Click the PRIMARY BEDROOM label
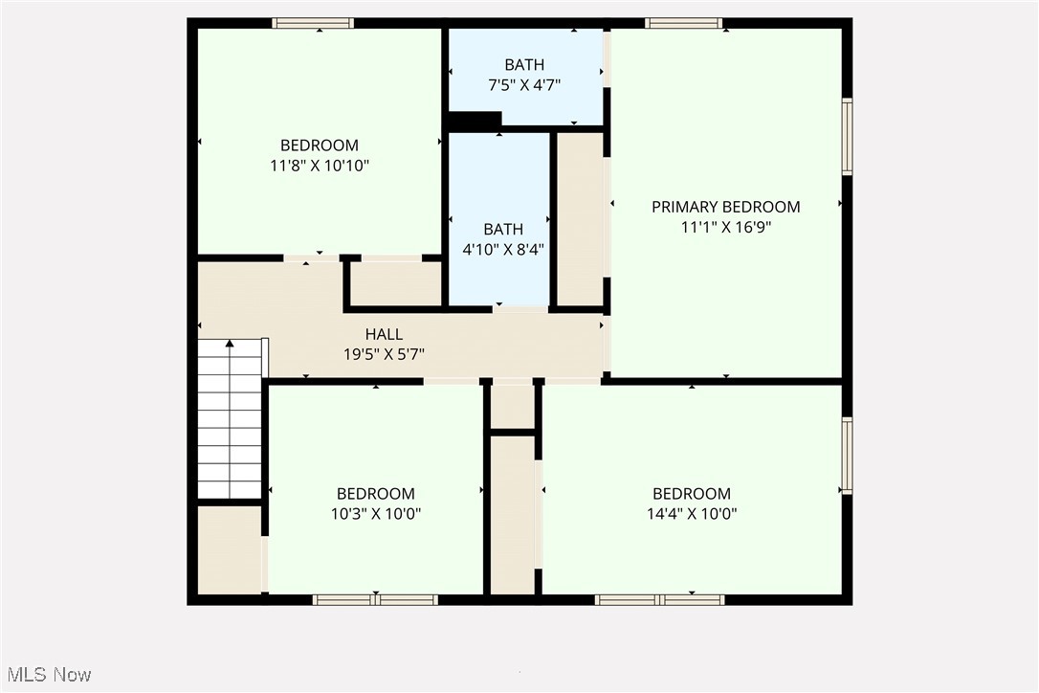725,207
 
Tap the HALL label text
384,334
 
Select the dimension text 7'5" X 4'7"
524,84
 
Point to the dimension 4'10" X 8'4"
503,249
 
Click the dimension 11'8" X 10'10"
320,166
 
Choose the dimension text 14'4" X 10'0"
692,514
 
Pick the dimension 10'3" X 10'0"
375,514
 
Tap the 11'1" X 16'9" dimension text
725,228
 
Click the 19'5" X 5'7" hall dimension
383,353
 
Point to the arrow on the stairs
230,344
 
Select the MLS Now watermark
46,675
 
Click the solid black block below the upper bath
475,122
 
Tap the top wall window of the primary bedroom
683,23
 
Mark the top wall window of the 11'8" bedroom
313,23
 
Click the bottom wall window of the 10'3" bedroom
375,600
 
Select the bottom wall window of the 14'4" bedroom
659,600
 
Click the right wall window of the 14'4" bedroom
847,456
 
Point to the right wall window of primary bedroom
847,136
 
